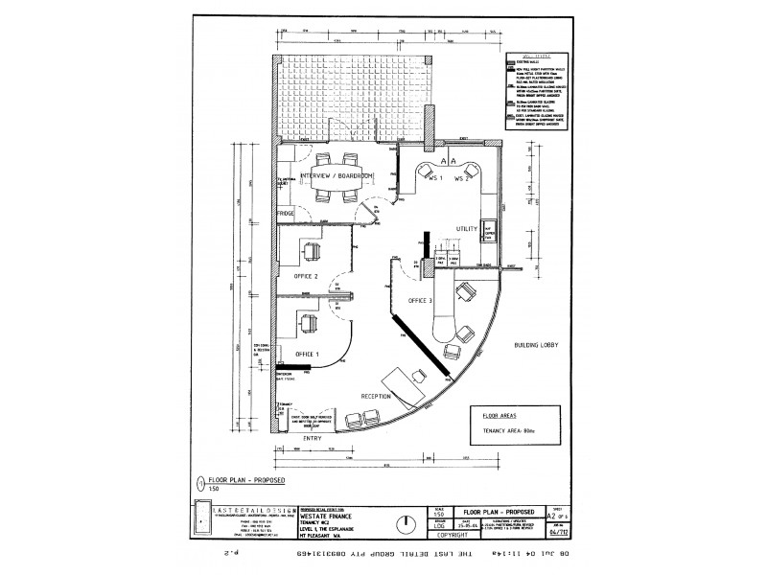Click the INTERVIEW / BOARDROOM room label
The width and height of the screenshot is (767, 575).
[336, 177]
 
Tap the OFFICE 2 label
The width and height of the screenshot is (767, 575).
[301, 276]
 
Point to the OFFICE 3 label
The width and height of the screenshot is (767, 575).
[421, 301]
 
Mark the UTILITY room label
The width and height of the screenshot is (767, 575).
[467, 229]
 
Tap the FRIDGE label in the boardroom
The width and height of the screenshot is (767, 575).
[286, 213]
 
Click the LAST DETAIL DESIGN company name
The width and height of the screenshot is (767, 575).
[236, 509]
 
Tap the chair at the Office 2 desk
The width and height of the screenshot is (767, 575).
[311, 252]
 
